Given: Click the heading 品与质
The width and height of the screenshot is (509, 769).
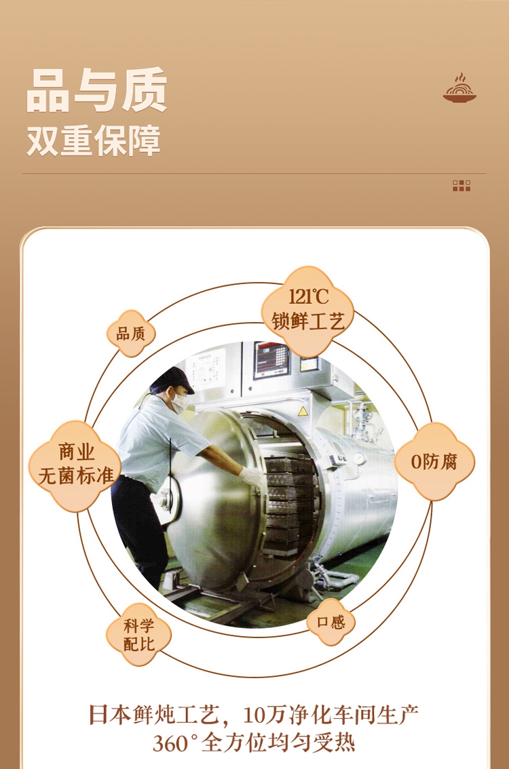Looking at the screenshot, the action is tap(96, 91).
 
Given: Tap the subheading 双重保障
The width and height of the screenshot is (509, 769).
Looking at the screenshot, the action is tap(93, 141).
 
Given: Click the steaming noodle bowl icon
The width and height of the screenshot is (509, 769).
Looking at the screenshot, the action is tap(459, 88).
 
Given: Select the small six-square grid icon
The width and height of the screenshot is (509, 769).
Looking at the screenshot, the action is tap(461, 186).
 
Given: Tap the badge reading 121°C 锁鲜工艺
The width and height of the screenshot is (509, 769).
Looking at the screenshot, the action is tap(308, 311).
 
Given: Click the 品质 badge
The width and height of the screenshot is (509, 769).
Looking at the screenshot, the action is tap(131, 334).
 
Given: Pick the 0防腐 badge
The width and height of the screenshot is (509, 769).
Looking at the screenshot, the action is tap(434, 462).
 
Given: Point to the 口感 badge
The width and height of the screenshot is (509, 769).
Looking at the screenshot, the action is tap(331, 622).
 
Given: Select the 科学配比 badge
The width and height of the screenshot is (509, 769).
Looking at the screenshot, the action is tap(138, 635).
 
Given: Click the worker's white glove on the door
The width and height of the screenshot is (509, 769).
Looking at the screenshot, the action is tap(251, 476).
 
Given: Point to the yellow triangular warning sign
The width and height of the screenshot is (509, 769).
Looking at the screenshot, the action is tap(303, 411).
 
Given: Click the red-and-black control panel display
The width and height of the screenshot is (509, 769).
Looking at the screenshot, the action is tap(271, 359).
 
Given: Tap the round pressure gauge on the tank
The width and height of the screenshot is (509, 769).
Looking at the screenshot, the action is tap(360, 458).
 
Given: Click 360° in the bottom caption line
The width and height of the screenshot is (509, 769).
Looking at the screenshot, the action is tap(175, 743).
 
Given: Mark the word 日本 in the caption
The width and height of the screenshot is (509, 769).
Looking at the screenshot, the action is tap(110, 715).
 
